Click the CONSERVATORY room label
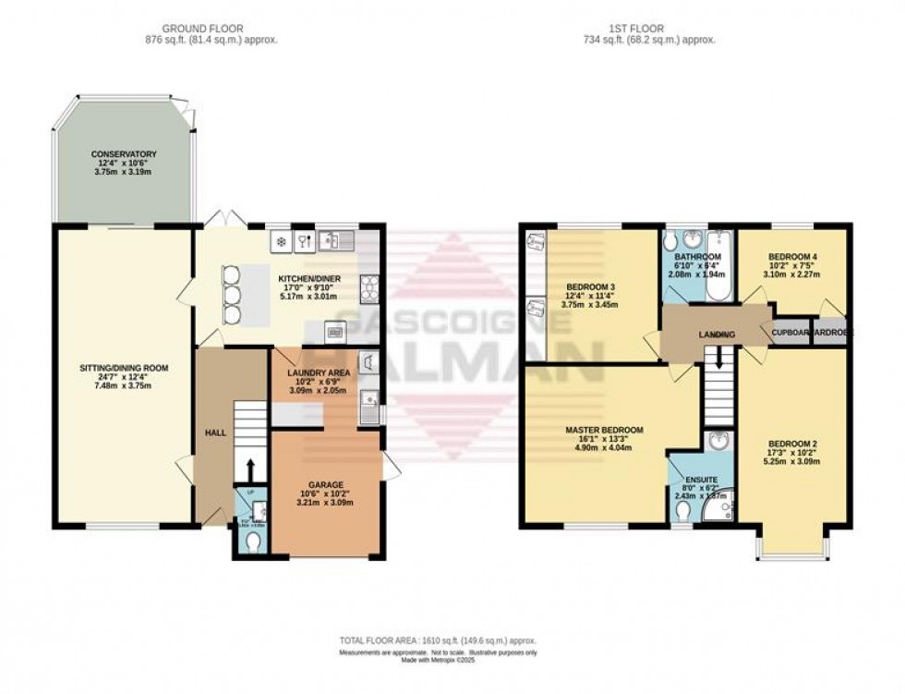tap(123, 154)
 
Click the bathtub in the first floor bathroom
tap(718, 268)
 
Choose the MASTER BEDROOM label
tap(604, 431)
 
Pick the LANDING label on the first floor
tap(717, 335)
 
